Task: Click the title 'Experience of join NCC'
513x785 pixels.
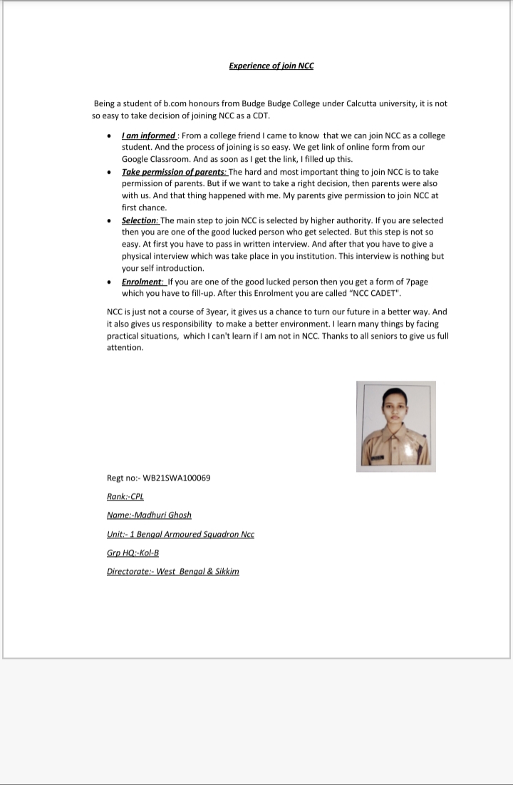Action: coord(271,66)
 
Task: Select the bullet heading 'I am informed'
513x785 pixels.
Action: coord(149,135)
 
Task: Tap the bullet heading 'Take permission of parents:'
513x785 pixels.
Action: coord(174,172)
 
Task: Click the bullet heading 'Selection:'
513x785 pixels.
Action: coord(141,220)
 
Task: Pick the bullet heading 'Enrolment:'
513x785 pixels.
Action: coord(142,282)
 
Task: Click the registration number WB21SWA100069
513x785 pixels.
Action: coord(177,478)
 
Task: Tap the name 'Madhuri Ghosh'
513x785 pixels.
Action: coord(163,515)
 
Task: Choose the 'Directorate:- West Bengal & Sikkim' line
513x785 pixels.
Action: coord(172,572)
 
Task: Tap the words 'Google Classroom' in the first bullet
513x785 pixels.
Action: coord(157,159)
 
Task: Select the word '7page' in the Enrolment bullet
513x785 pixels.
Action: coord(416,282)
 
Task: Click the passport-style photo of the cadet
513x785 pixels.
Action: coord(395,426)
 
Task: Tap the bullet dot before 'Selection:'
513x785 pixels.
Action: coord(108,221)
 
